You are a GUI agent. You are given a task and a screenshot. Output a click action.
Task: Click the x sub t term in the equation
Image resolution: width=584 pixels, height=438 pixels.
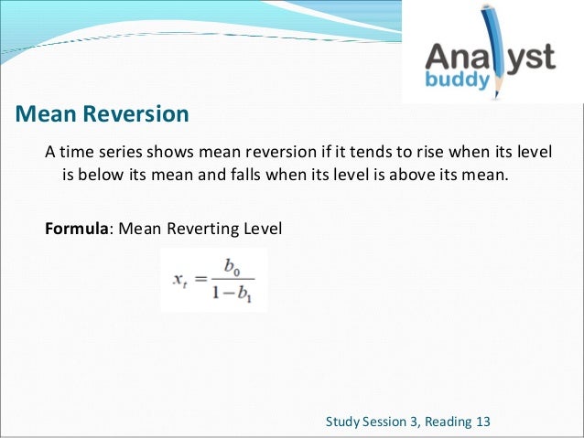coord(179,279)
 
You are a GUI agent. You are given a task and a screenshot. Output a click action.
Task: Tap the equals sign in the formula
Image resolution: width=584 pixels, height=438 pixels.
coord(200,278)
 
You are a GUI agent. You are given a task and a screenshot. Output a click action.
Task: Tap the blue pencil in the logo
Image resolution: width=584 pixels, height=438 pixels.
coord(502,46)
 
